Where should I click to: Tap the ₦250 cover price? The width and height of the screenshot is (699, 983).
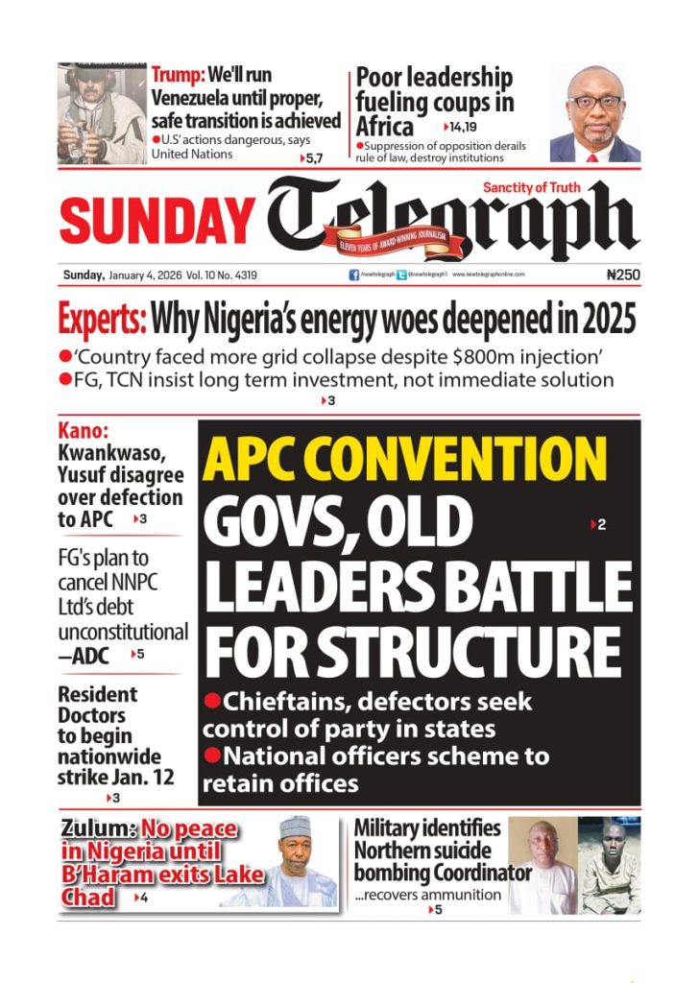pyautogui.click(x=623, y=275)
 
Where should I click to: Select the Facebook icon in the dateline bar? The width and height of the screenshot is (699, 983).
pyautogui.click(x=354, y=275)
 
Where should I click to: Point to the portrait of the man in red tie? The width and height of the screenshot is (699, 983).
pyautogui.click(x=594, y=113)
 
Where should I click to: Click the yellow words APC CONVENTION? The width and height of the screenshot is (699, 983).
pyautogui.click(x=405, y=460)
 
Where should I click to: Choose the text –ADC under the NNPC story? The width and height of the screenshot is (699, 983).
pyautogui.click(x=84, y=657)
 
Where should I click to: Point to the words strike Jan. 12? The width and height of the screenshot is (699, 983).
pyautogui.click(x=116, y=778)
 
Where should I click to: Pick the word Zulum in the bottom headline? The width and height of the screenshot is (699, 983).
pyautogui.click(x=96, y=830)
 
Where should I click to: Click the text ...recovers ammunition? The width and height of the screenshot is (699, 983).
pyautogui.click(x=427, y=895)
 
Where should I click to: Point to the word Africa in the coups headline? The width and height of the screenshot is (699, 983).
pyautogui.click(x=384, y=127)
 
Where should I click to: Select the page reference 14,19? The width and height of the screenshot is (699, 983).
pyautogui.click(x=464, y=127)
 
